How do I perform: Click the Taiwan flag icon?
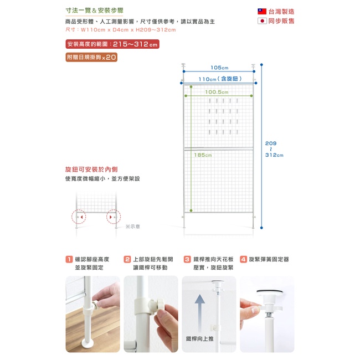pos(262,11)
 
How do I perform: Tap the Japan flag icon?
pos(262,21)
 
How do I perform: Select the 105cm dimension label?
pos(219,68)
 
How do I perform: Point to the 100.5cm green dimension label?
pos(217,92)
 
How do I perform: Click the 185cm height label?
pos(203,155)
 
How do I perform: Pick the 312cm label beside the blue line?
pos(274,155)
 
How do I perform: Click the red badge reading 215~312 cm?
pos(112,44)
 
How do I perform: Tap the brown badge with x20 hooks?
pos(91,57)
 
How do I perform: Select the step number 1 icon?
pos(69,259)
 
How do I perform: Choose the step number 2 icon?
pos(127,259)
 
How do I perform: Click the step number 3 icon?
pos(187,259)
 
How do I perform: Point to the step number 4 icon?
pos(243,259)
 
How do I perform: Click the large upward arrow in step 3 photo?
pos(200,313)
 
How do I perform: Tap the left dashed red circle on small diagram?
pos(79,217)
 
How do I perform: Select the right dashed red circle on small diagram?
pos(114,217)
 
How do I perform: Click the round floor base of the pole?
pos(88,343)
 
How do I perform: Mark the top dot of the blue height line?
pos(261,65)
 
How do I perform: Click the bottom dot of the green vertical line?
pos(191,210)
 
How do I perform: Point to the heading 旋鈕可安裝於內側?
pos(91,169)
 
